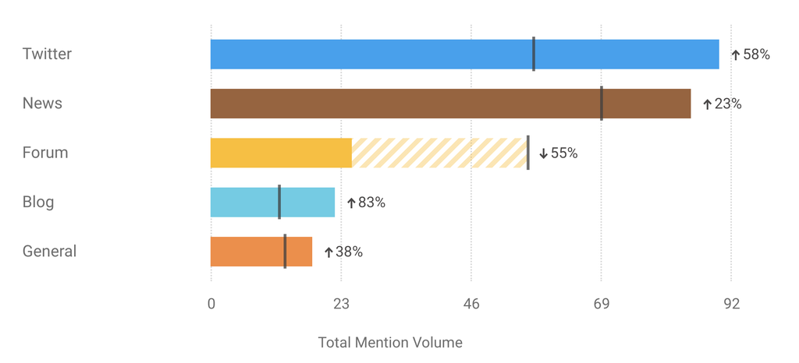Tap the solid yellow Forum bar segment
pyautogui.click(x=281, y=153)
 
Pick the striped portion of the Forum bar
pyautogui.click(x=439, y=153)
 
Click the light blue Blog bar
pyautogui.click(x=308, y=203)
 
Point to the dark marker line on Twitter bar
pyautogui.click(x=534, y=55)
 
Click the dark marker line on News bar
pyautogui.click(x=602, y=104)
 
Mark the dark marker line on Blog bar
pyautogui.click(x=279, y=203)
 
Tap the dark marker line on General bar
pyautogui.click(x=285, y=252)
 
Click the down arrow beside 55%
pyautogui.click(x=544, y=153)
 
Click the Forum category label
pyautogui.click(x=45, y=153)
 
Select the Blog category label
pyautogui.click(x=38, y=203)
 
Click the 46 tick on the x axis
pyautogui.click(x=471, y=305)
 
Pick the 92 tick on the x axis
pyautogui.click(x=731, y=305)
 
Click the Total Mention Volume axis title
pyautogui.click(x=390, y=343)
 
